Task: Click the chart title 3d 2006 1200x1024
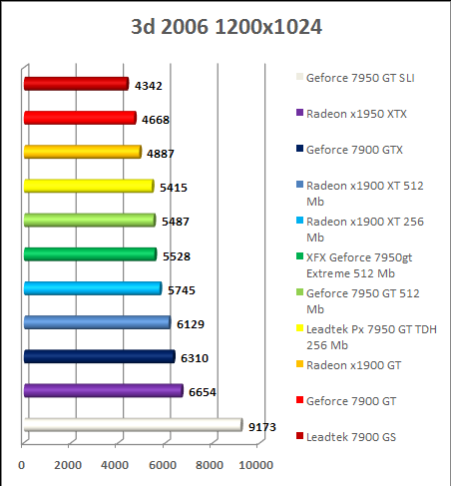[x=226, y=27]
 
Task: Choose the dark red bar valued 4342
[x=75, y=84]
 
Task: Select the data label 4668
[x=154, y=120]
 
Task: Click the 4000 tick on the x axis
[x=116, y=466]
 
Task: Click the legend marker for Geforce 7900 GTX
[x=298, y=150]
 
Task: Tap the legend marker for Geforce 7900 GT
[x=298, y=400]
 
